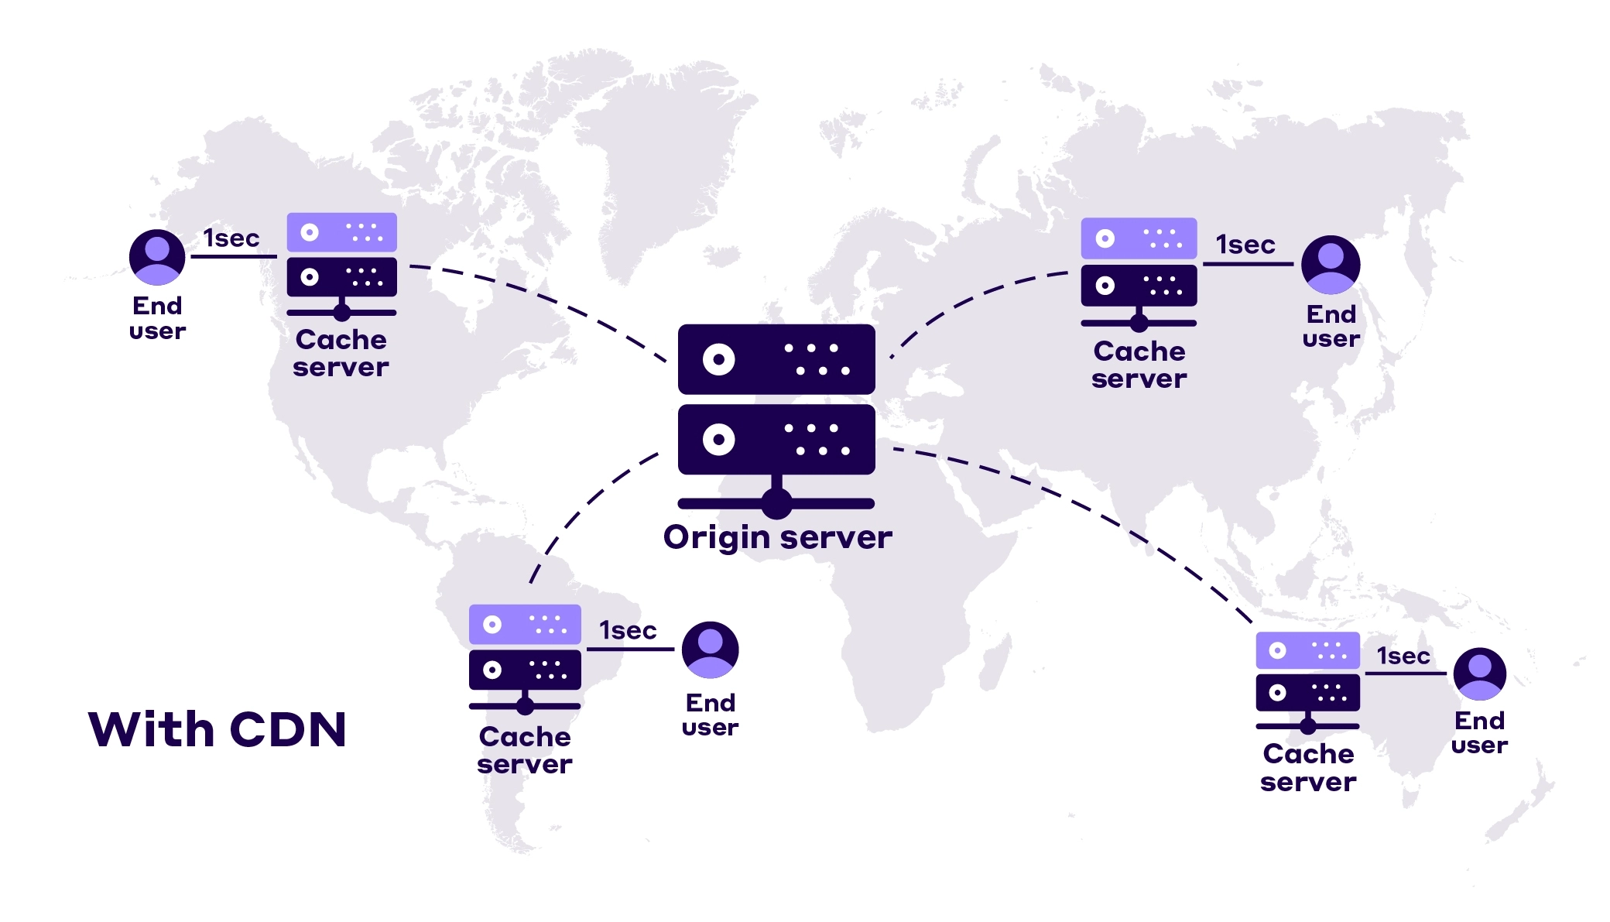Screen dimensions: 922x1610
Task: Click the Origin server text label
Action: (x=777, y=537)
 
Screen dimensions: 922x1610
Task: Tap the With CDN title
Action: (x=218, y=729)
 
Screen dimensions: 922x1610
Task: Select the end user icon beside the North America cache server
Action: (x=157, y=257)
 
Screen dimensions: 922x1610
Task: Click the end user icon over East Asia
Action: (x=1331, y=265)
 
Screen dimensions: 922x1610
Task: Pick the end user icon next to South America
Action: (x=710, y=650)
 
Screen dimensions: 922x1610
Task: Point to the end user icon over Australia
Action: (x=1479, y=674)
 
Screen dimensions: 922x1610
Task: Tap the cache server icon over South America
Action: (x=525, y=658)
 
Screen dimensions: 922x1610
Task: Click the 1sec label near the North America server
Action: (x=231, y=238)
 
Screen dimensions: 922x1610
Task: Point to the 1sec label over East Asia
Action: (x=1245, y=245)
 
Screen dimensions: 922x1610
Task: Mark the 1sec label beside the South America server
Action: (x=628, y=631)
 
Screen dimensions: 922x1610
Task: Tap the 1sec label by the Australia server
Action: (x=1403, y=656)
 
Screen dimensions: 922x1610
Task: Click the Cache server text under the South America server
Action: (x=525, y=750)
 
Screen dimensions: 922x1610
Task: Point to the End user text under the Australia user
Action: (x=1479, y=732)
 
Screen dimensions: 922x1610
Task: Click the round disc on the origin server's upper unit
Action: (x=718, y=359)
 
